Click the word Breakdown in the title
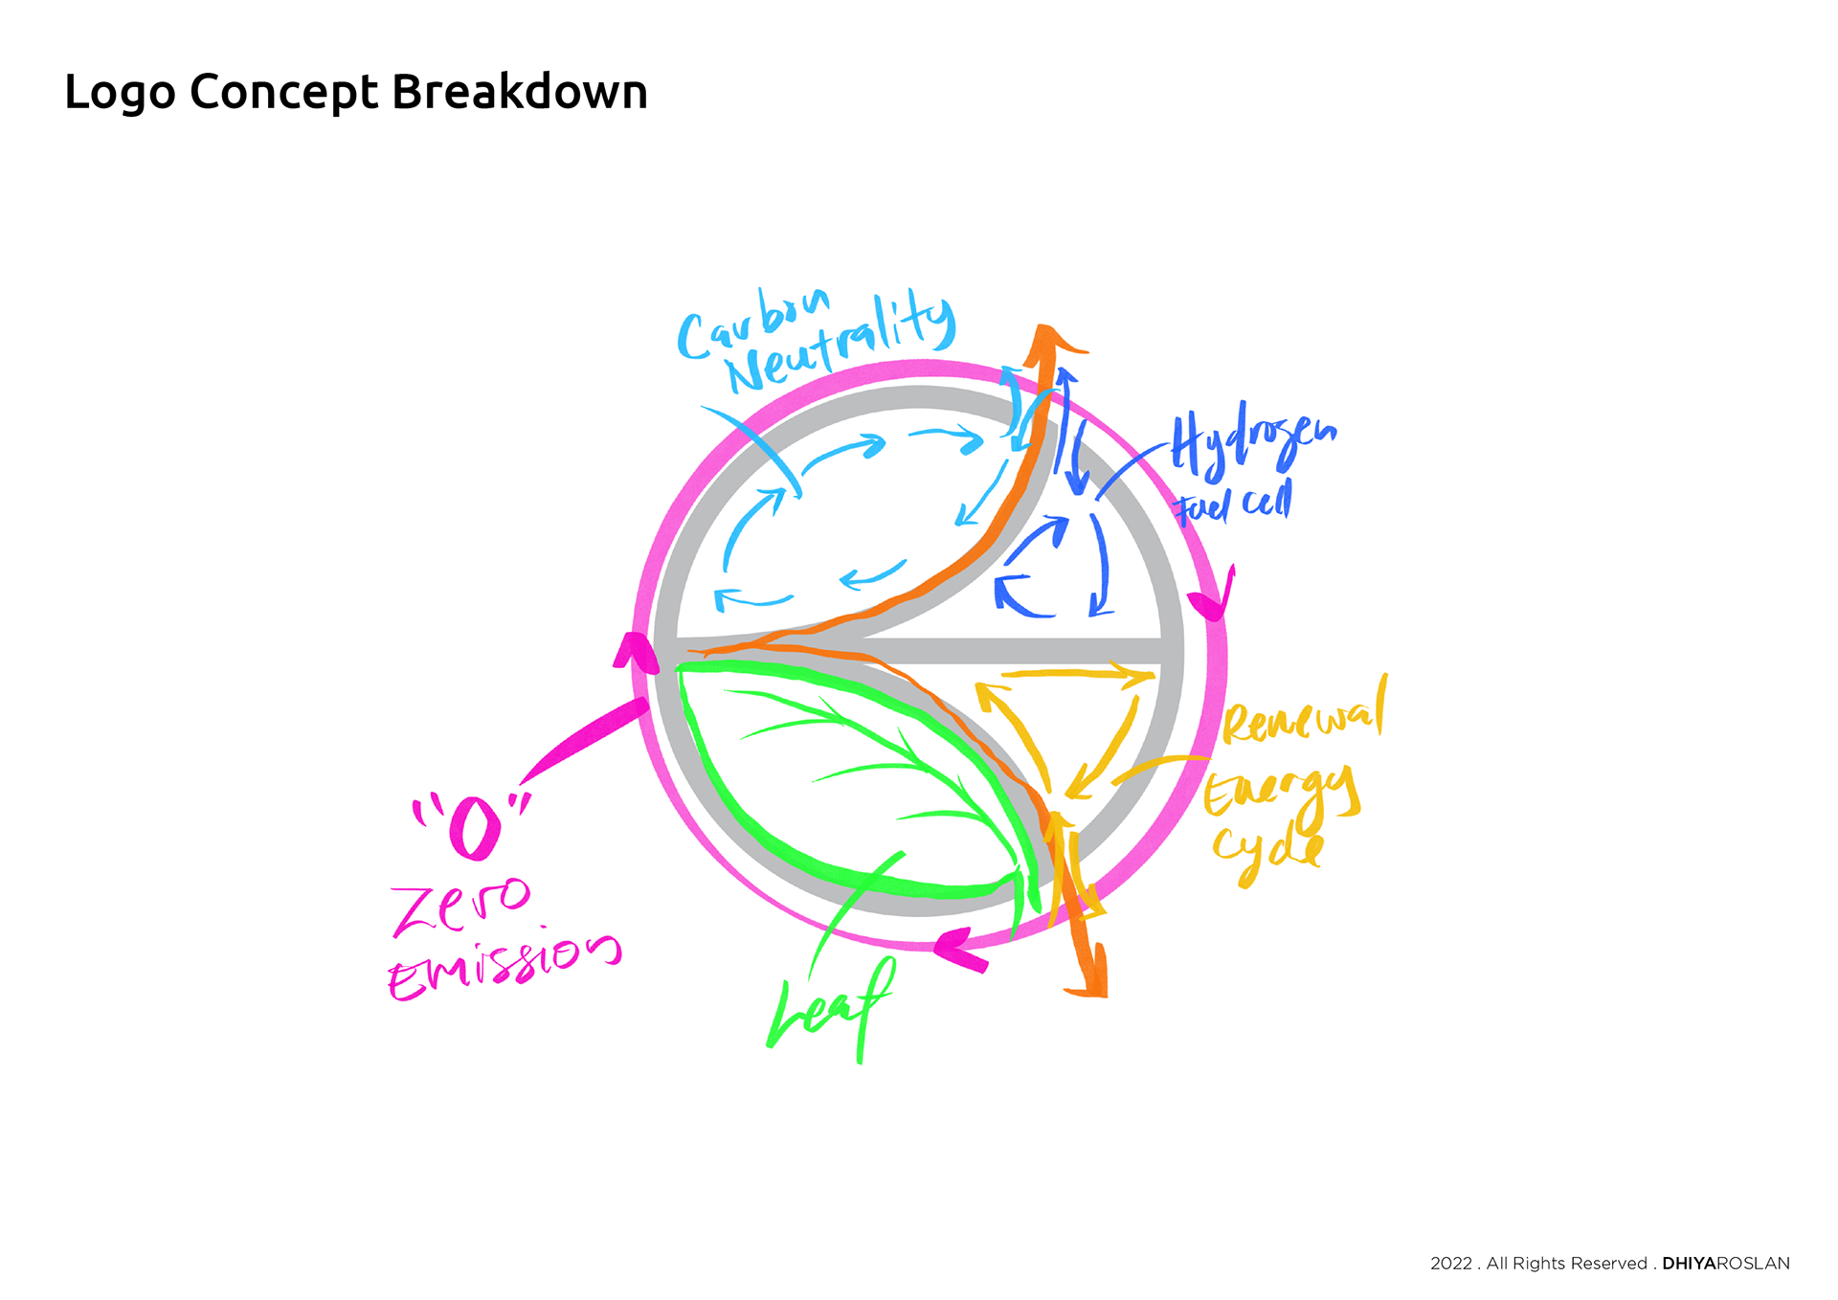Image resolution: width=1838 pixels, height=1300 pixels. (520, 92)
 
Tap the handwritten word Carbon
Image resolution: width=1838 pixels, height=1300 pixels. (751, 324)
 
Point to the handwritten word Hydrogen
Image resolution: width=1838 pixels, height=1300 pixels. (1251, 440)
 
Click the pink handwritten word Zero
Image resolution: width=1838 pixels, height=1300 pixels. (459, 905)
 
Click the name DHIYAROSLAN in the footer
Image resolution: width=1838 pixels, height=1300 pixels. (1725, 1264)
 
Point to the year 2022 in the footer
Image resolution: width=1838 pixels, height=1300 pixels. (1450, 1264)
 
